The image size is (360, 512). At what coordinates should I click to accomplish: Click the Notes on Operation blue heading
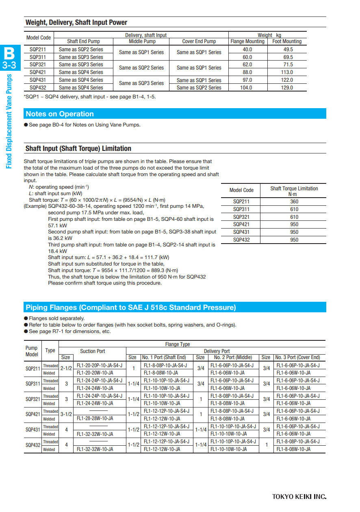[x=60, y=114]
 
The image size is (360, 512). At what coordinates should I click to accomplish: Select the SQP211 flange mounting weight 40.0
[x=247, y=49]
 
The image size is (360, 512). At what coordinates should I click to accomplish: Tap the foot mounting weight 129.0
[x=287, y=87]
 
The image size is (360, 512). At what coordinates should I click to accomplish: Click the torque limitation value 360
[x=294, y=202]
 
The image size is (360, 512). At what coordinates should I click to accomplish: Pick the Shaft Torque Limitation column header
[x=294, y=191]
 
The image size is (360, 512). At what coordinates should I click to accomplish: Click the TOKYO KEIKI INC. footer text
[x=299, y=497]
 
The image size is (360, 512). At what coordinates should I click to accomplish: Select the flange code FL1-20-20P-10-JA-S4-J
[x=99, y=365]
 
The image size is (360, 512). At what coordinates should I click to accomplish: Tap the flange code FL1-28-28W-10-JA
[x=95, y=418]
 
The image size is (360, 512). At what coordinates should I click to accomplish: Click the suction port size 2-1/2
[x=66, y=368]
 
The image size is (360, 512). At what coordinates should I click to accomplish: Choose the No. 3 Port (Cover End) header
[x=297, y=357]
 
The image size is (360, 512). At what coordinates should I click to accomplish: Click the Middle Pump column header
[x=142, y=41]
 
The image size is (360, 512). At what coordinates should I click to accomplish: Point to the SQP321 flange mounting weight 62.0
[x=247, y=64]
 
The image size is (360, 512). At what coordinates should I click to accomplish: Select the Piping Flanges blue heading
[x=130, y=307]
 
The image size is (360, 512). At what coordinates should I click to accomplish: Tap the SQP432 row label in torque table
[x=241, y=240]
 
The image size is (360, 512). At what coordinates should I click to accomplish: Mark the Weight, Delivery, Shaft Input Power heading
[x=76, y=23]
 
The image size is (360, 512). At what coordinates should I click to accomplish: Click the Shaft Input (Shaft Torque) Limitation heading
[x=78, y=148]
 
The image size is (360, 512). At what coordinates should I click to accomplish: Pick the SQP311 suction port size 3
[x=66, y=384]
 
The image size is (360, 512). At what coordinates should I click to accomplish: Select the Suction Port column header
[x=93, y=351]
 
